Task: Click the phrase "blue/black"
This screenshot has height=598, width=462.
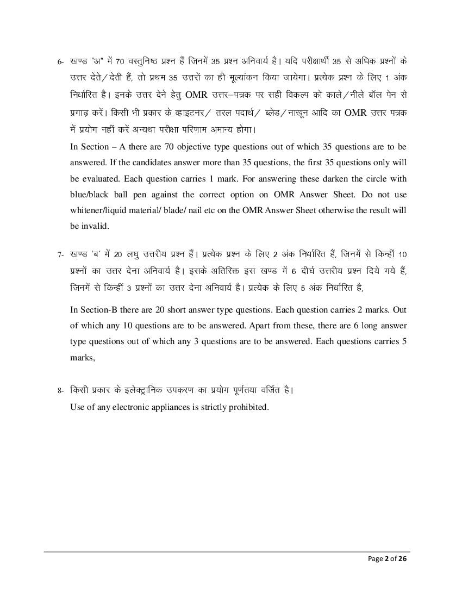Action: click(x=92, y=195)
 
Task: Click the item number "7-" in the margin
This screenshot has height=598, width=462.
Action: click(x=62, y=254)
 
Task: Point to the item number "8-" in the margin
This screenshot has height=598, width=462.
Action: click(x=62, y=391)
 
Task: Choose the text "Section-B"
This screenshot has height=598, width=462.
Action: click(x=99, y=310)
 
